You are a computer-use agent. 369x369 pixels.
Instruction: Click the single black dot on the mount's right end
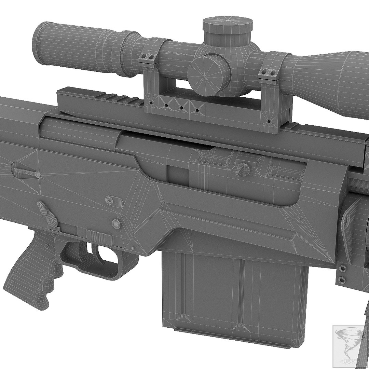[x=269, y=121]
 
